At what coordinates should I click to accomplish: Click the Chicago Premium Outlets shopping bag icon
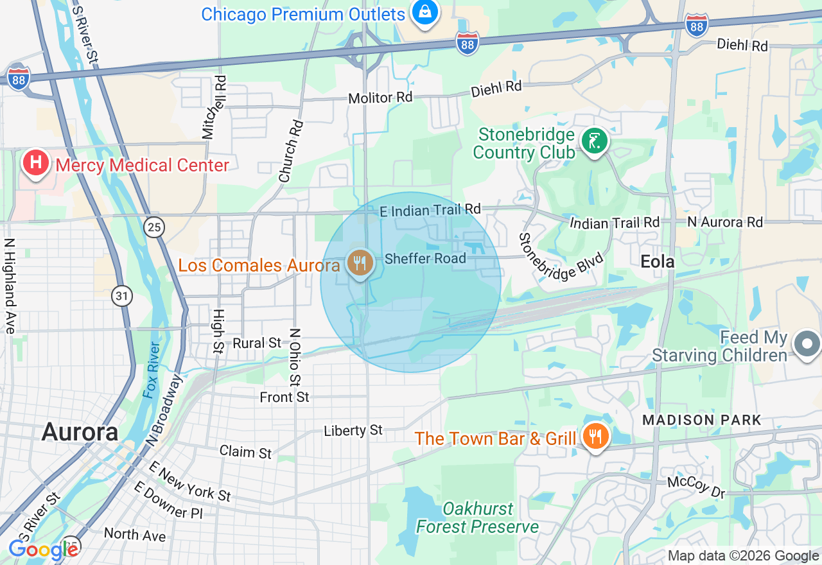tap(424, 12)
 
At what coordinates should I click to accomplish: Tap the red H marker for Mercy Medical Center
tap(36, 162)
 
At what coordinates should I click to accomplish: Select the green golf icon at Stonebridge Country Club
tap(595, 141)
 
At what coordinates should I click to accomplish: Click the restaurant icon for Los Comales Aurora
tap(360, 263)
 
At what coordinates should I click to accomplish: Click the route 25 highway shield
tap(155, 227)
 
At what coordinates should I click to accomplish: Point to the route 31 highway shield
tap(121, 296)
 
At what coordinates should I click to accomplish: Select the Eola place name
tap(658, 261)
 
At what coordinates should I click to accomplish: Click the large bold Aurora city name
tap(80, 432)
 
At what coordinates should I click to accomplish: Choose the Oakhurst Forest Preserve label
tap(478, 518)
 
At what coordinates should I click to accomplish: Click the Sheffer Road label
tap(425, 259)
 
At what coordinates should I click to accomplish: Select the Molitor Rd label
tap(380, 98)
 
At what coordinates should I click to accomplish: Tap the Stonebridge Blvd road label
tap(561, 257)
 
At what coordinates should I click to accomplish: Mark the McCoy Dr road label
tap(696, 487)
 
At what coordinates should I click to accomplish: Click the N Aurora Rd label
tap(725, 222)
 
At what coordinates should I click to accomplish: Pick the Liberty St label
tap(353, 430)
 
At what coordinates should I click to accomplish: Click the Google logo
tap(43, 550)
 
